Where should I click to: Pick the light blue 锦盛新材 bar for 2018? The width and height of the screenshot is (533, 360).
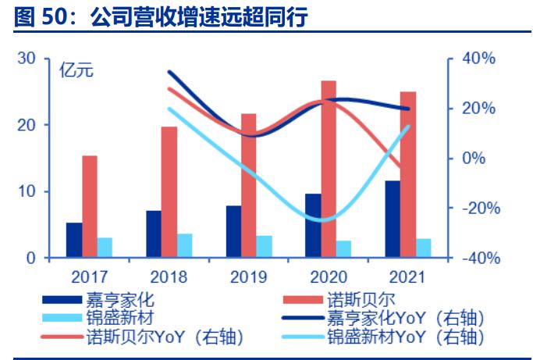point(185,245)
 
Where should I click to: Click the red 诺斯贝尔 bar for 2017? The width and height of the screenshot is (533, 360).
point(90,206)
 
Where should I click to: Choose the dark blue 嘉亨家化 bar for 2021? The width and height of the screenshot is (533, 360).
point(393,219)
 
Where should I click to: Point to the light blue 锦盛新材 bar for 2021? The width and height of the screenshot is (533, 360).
point(424,248)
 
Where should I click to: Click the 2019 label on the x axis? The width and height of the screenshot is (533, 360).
point(249,276)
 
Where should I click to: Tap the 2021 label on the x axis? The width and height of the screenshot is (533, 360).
point(408,276)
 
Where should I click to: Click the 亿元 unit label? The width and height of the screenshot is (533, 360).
point(76,70)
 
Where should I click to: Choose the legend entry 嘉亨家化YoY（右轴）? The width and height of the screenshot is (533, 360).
point(405,318)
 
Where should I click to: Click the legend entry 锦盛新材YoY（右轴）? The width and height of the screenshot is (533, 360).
point(405,337)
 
